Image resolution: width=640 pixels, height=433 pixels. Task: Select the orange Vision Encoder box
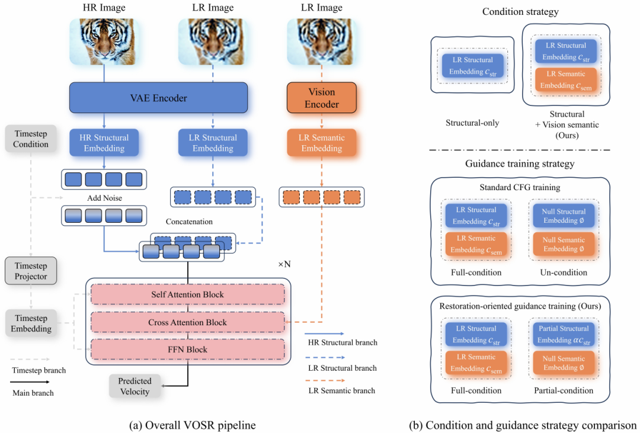coord(322,98)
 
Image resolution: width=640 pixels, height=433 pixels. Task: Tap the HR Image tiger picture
coord(104,41)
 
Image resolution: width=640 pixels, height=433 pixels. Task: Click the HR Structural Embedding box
coord(104,142)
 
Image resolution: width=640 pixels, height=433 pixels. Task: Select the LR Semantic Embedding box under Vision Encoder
coord(322,142)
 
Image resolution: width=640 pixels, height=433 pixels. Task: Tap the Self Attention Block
coord(188,295)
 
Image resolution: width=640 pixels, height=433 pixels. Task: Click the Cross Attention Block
coord(188,322)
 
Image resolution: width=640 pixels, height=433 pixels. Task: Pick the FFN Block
coord(188,349)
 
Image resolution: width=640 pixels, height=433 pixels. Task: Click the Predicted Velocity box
coord(135,386)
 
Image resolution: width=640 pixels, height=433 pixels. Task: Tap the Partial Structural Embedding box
coord(564,334)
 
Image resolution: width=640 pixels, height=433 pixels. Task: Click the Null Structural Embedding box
coord(564,216)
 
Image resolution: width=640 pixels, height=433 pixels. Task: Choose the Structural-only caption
coord(472,123)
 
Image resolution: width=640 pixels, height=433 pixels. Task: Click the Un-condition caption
coord(564,272)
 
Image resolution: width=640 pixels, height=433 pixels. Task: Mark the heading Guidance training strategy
coord(521,163)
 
